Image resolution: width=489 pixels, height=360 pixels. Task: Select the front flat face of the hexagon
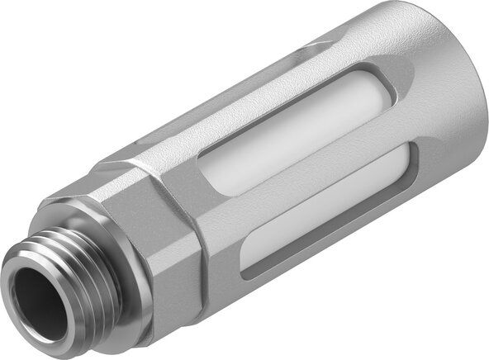pyautogui.click(x=169, y=272)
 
